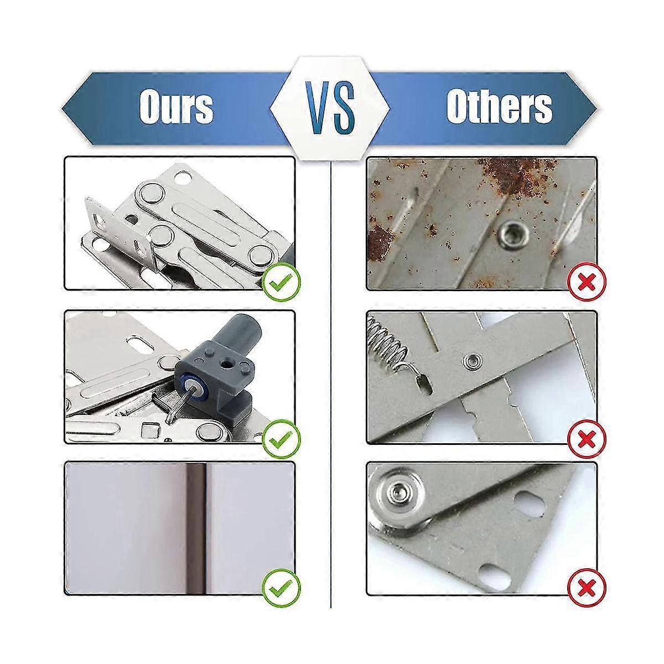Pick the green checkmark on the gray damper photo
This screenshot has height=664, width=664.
(x=282, y=440)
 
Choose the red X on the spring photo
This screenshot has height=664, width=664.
(x=587, y=440)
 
